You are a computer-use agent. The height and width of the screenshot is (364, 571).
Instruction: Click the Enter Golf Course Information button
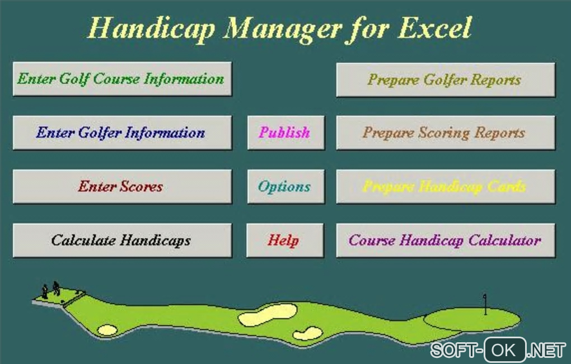(122, 79)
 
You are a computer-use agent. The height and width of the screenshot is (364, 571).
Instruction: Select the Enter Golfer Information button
(122, 133)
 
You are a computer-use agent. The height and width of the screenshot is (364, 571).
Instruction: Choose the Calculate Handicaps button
(122, 240)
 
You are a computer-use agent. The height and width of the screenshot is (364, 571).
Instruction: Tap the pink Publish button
(286, 133)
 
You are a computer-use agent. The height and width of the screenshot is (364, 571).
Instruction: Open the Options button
(286, 187)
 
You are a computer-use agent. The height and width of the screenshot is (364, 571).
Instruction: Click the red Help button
(285, 240)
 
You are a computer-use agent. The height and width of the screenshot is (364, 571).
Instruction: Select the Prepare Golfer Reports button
(446, 79)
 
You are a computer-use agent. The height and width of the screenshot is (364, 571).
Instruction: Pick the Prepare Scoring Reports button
(446, 133)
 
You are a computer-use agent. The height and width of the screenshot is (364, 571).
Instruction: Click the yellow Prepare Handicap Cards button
(446, 187)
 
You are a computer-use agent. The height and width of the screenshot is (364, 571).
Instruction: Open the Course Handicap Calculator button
(446, 240)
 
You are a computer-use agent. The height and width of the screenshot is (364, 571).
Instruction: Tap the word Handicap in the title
(151, 29)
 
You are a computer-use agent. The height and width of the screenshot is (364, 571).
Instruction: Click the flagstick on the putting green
(485, 304)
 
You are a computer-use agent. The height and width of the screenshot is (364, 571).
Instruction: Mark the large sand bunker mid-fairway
(268, 315)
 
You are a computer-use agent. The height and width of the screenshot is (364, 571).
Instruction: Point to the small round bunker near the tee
(107, 330)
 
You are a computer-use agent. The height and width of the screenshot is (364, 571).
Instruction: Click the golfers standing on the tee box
(50, 290)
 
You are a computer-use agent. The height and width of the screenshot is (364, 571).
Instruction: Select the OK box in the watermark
(505, 350)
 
